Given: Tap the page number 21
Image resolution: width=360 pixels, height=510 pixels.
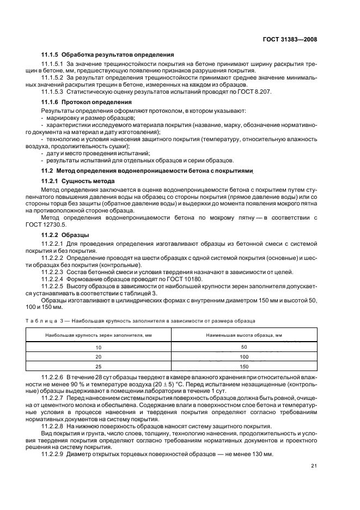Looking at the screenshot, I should (313, 465).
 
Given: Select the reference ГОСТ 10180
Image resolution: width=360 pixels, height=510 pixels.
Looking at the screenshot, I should (184, 279).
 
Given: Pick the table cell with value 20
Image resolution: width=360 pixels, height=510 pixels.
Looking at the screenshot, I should (99, 356).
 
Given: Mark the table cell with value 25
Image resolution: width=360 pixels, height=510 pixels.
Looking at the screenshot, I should (99, 366).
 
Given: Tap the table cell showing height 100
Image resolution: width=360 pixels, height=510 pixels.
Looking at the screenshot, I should (243, 356).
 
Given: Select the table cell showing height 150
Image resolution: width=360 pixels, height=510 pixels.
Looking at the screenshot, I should (243, 366).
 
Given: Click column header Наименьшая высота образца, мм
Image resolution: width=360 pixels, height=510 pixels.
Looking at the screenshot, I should (243, 335).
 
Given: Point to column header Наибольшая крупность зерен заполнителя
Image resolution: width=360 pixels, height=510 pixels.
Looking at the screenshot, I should (99, 335).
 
